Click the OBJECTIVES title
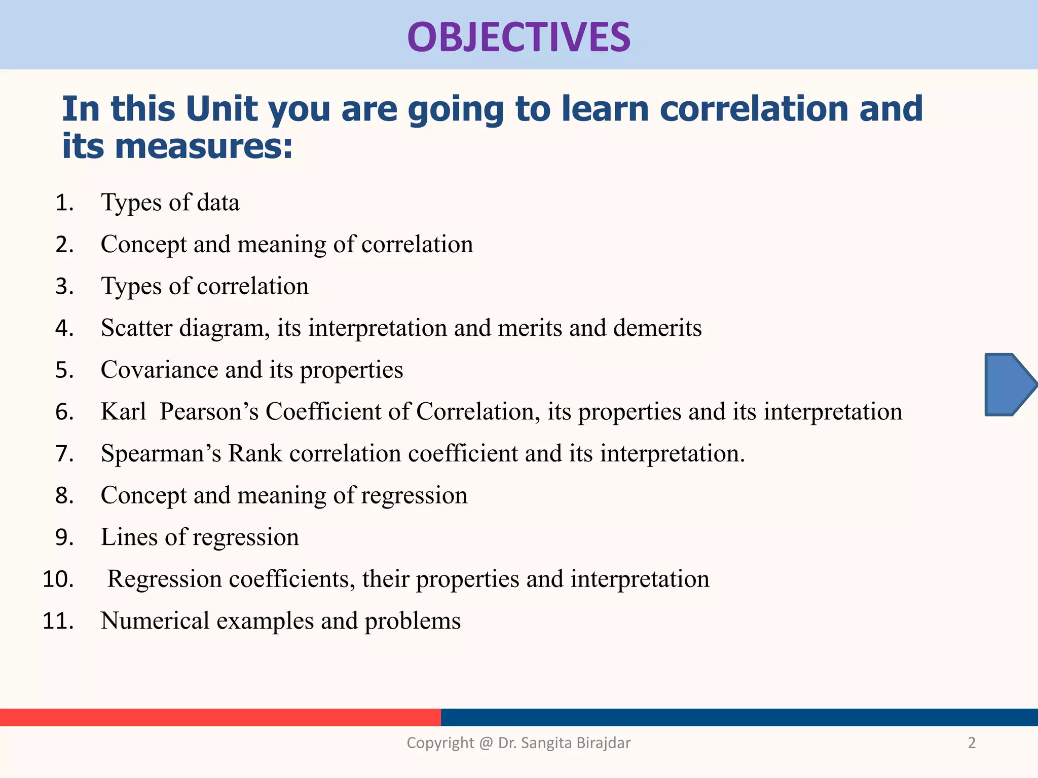click(518, 37)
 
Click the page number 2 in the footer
click(972, 743)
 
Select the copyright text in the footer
click(518, 743)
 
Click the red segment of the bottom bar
click(220, 717)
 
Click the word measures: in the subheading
click(204, 146)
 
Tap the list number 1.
click(64, 203)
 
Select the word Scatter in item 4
click(136, 328)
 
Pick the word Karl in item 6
click(123, 411)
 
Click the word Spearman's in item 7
click(161, 453)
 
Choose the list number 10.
click(58, 579)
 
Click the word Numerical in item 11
click(155, 621)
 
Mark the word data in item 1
click(218, 203)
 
